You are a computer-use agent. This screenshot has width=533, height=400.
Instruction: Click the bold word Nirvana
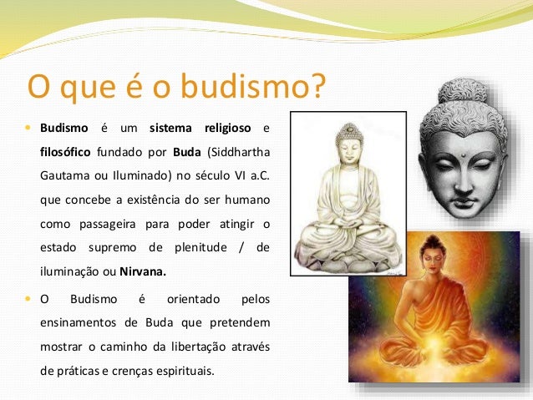click(142, 271)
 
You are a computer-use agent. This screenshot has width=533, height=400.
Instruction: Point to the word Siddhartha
click(240, 153)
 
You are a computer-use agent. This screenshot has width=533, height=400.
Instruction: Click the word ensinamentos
click(84, 322)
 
